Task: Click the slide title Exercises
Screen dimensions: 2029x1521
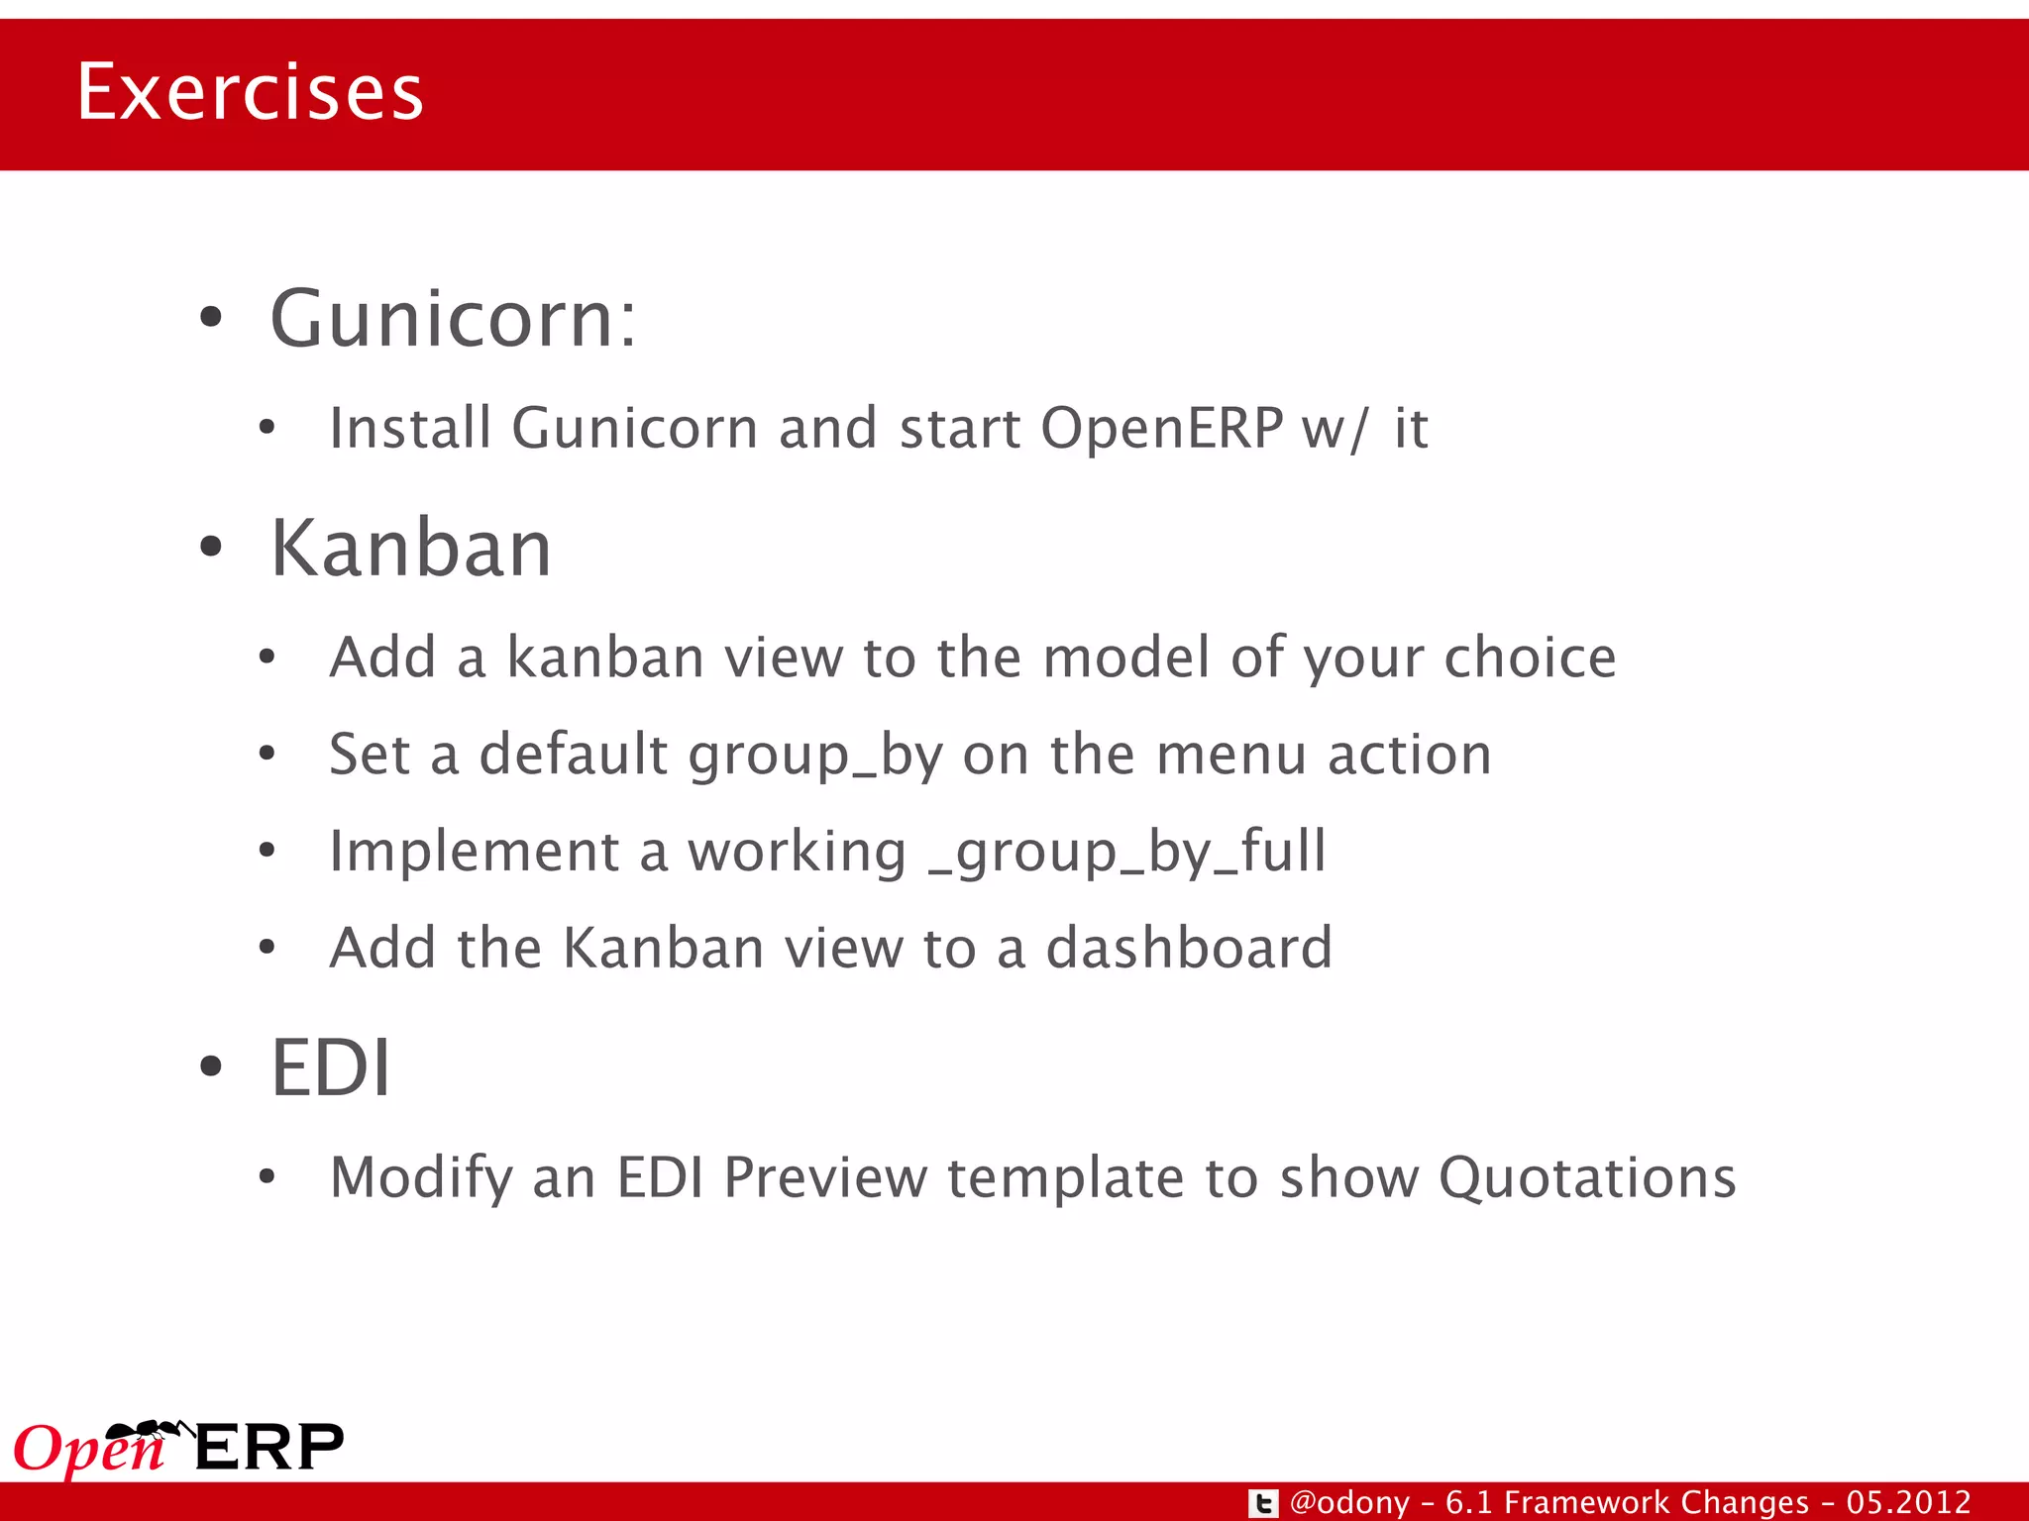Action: tap(250, 92)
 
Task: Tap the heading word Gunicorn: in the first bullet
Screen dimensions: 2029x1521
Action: tap(453, 319)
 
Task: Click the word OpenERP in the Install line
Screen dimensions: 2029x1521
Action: tap(1161, 428)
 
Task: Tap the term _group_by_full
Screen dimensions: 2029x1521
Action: tap(1126, 853)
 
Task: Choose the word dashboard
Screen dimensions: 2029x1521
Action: tap(1189, 948)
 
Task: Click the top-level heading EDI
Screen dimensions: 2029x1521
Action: tap(331, 1067)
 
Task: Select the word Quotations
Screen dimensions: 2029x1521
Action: tap(1587, 1177)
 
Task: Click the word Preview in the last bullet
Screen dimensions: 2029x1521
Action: tap(825, 1177)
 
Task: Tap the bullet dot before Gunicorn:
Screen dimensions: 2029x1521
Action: tap(211, 319)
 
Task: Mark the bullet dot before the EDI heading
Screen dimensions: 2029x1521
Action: tap(211, 1067)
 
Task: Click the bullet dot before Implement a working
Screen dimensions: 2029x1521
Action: tap(267, 851)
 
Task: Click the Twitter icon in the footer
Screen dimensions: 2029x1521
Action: tap(1262, 1503)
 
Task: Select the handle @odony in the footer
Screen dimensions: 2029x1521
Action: tap(1349, 1503)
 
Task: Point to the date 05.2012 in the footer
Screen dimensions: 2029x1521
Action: tap(1908, 1502)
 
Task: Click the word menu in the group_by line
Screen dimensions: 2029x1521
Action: tap(1231, 755)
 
